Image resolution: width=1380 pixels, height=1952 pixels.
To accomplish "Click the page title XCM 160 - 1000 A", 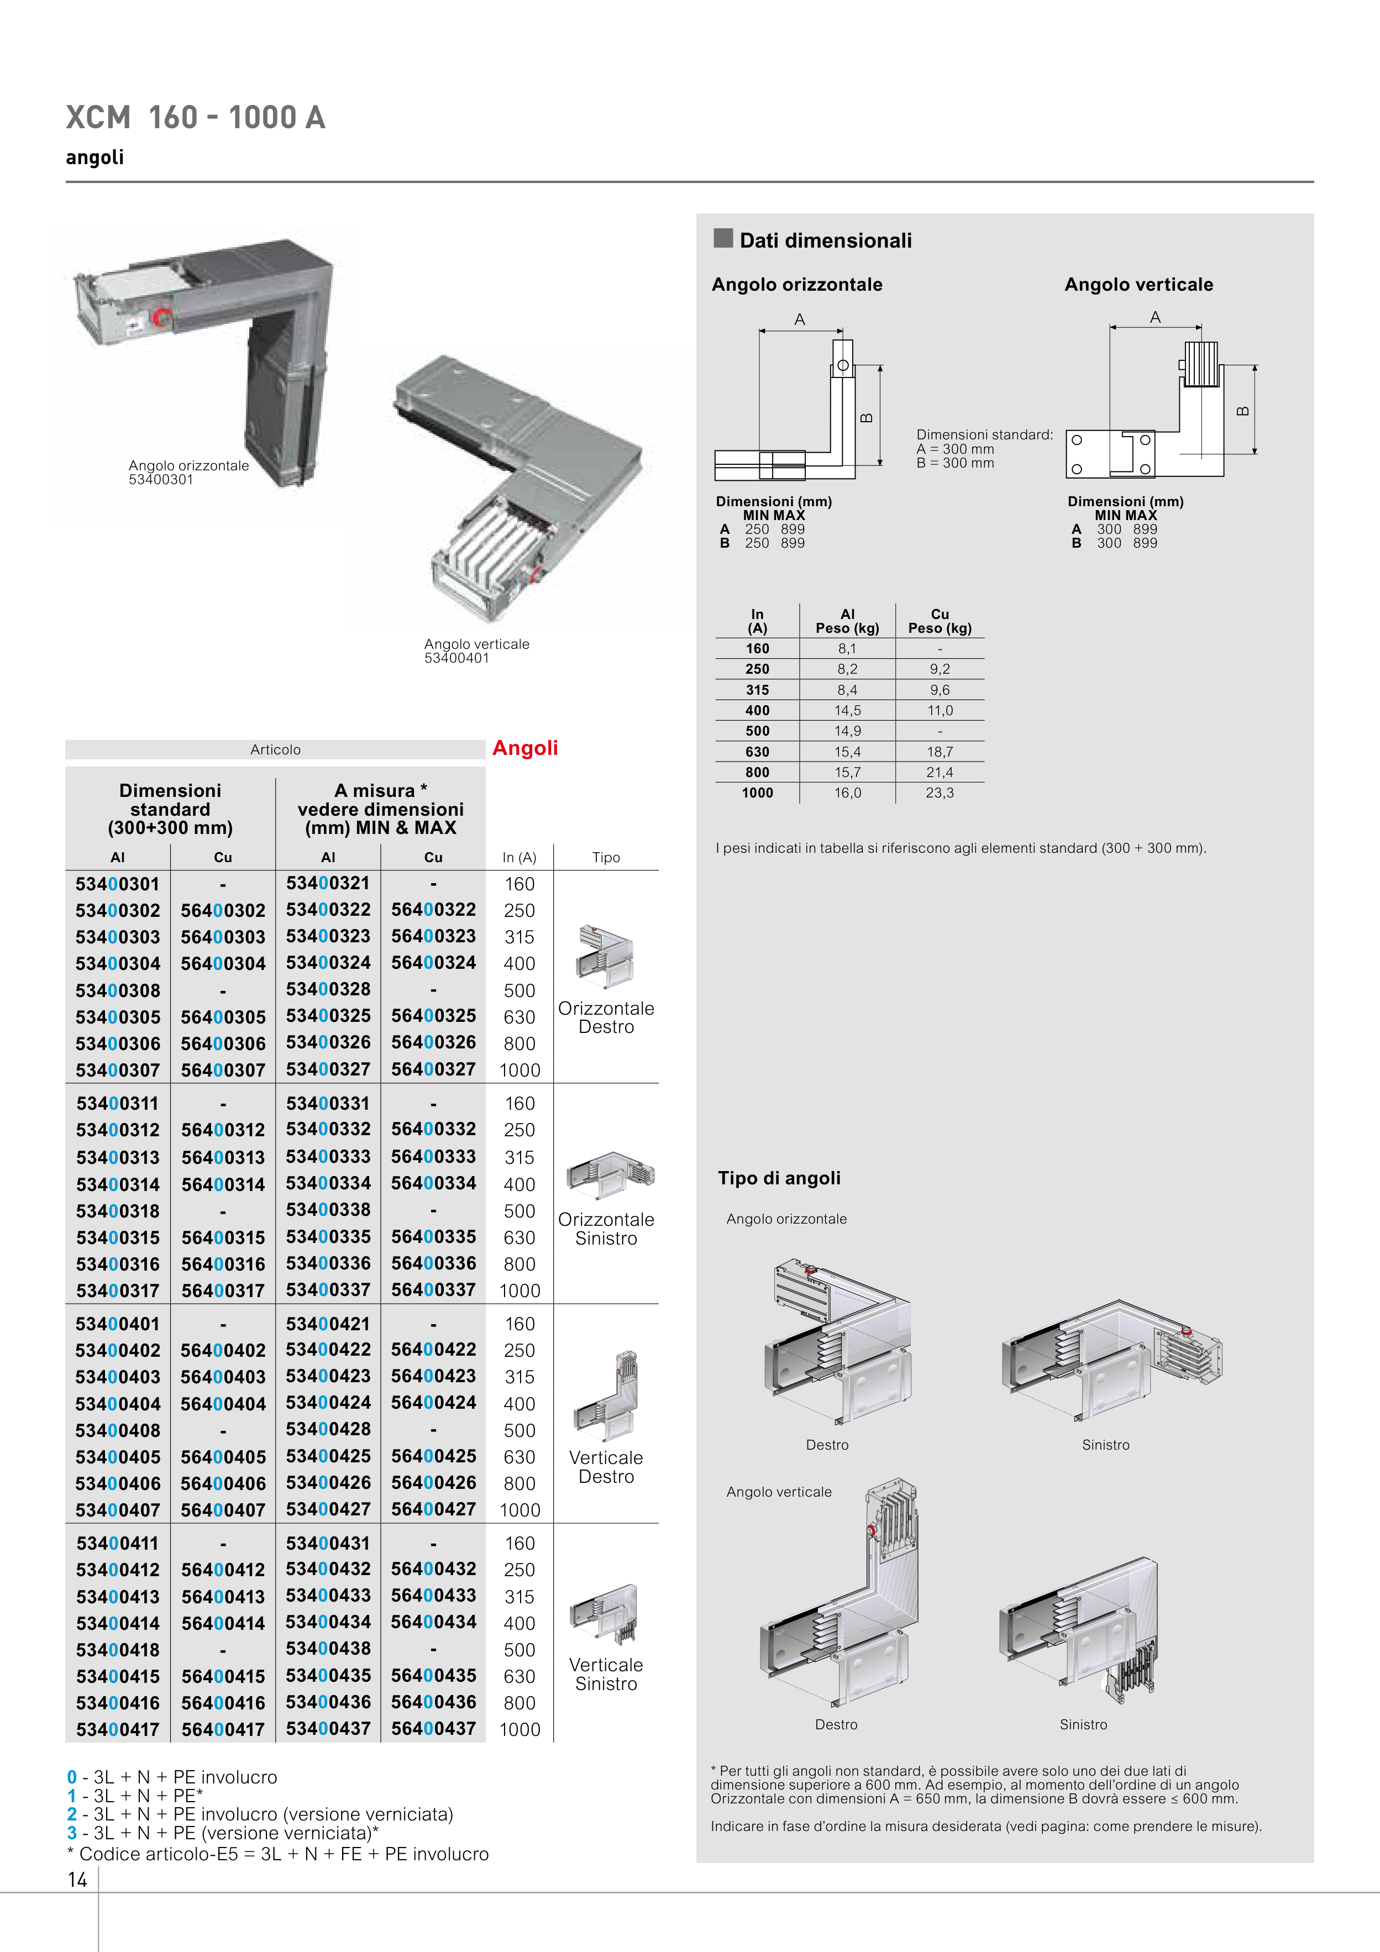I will pos(196,117).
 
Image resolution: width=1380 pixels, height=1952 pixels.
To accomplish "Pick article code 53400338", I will pos(328,1210).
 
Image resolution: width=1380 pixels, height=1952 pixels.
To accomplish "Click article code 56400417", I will pos(223,1729).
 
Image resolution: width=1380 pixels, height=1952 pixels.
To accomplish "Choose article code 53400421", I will pos(328,1324).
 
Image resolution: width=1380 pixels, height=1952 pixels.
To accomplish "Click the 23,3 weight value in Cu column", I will pos(940,793).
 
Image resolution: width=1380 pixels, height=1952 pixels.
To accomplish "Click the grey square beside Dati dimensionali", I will pos(723,238).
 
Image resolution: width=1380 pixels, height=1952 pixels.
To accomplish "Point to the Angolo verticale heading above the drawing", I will pos(1138,285).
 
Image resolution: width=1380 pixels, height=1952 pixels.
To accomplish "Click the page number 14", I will pos(77,1880).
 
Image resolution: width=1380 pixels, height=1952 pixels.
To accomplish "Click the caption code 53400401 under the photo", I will pos(456,658).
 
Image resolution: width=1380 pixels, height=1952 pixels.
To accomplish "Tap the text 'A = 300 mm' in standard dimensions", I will pos(955,449).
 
